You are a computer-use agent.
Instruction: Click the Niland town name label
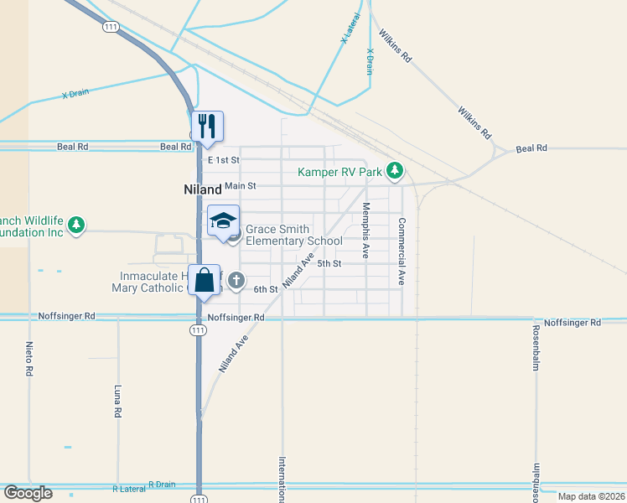pyautogui.click(x=202, y=189)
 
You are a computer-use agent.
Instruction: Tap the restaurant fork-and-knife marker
pyautogui.click(x=207, y=127)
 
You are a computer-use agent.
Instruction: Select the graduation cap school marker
pyautogui.click(x=223, y=221)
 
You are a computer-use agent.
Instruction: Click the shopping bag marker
pyautogui.click(x=205, y=280)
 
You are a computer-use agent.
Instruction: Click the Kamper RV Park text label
pyautogui.click(x=339, y=173)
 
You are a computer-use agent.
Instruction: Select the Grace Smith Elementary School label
pyautogui.click(x=293, y=236)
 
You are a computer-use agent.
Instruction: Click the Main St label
pyautogui.click(x=240, y=185)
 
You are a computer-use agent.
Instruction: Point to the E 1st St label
pyautogui.click(x=222, y=159)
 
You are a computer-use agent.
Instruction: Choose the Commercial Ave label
pyautogui.click(x=402, y=251)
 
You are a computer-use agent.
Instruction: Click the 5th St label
pyautogui.click(x=329, y=263)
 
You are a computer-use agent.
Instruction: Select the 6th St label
pyautogui.click(x=265, y=289)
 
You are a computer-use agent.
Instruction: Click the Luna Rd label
pyautogui.click(x=117, y=402)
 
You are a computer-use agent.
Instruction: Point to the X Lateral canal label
pyautogui.click(x=350, y=29)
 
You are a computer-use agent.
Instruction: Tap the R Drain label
pyautogui.click(x=162, y=484)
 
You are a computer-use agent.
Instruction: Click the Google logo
pyautogui.click(x=28, y=493)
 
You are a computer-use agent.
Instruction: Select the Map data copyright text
pyautogui.click(x=591, y=496)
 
